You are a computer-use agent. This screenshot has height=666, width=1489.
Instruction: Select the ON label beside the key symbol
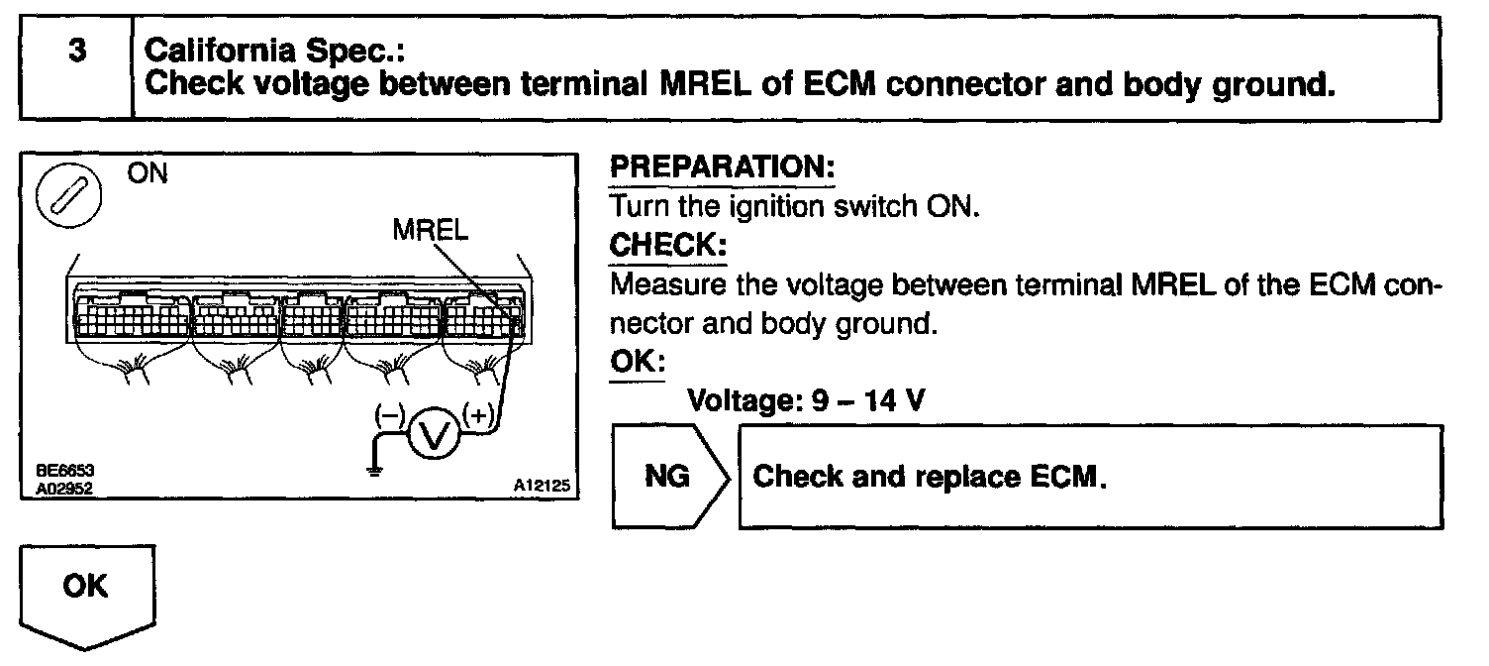(x=148, y=173)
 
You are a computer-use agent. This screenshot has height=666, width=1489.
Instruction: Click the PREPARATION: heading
(x=723, y=169)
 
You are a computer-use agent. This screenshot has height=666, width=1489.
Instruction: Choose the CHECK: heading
(x=668, y=245)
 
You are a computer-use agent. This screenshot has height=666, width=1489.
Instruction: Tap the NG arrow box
(x=669, y=477)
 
